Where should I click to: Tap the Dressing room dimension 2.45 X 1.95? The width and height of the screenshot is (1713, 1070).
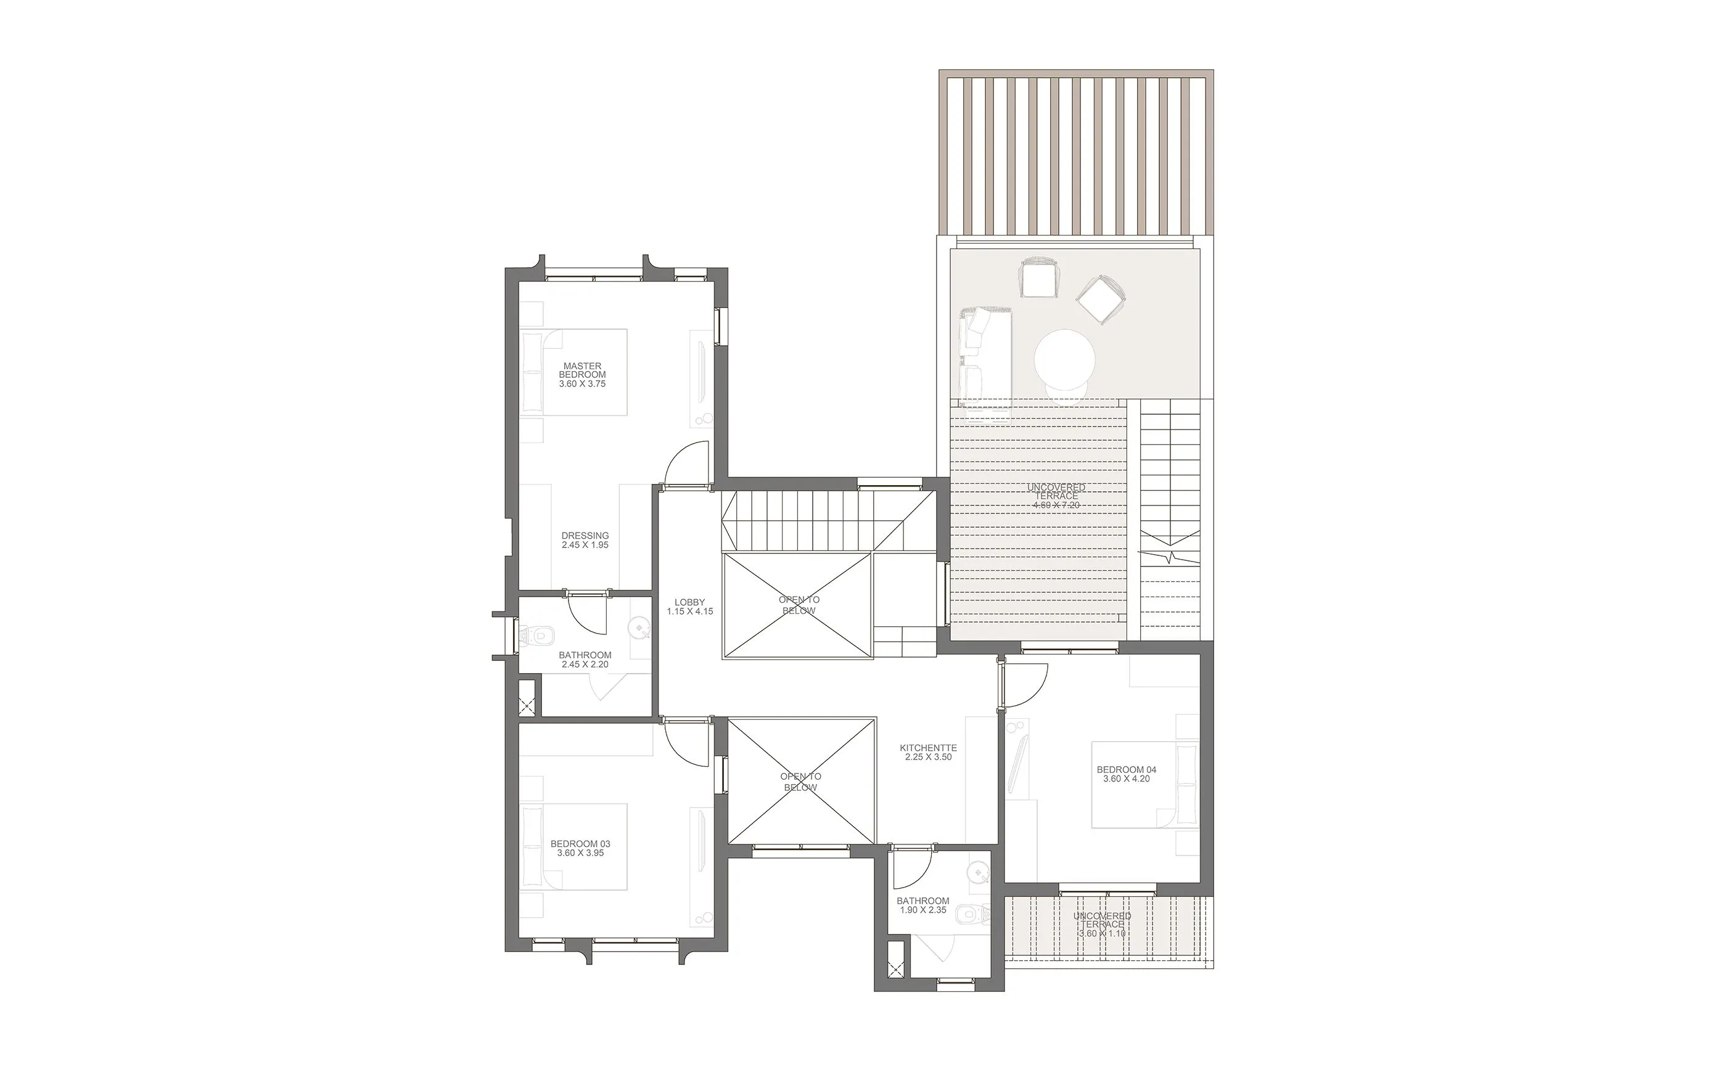click(585, 545)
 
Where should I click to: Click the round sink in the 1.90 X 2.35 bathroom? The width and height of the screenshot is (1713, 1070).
click(977, 873)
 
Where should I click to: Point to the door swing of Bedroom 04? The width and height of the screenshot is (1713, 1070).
click(1025, 685)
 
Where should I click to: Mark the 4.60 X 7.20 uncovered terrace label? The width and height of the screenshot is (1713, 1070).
click(1056, 496)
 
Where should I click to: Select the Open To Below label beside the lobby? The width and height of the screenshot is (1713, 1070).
click(799, 605)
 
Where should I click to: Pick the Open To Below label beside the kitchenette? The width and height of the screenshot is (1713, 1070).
click(800, 782)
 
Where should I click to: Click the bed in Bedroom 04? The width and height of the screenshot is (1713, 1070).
click(1144, 783)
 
